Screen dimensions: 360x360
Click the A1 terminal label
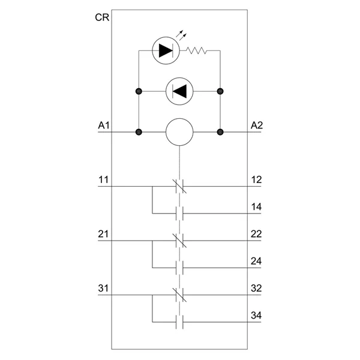coord(103,125)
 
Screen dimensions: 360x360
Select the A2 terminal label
coord(257,125)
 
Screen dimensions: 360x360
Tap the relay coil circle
coord(179,131)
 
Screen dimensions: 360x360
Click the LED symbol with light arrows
coord(164,50)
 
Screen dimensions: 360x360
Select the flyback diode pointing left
coord(179,91)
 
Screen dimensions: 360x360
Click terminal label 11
coord(103,179)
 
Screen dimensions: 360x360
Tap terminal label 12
coord(256,179)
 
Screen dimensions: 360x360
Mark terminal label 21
coord(103,234)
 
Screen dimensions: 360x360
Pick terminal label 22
coord(256,234)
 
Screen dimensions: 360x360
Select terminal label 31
coord(103,289)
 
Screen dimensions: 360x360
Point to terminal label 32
coord(256,289)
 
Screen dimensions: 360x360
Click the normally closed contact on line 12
coord(179,186)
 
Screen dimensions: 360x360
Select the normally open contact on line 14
coord(179,212)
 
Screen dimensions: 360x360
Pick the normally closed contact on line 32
coord(179,295)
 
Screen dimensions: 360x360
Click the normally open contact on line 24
coord(179,267)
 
